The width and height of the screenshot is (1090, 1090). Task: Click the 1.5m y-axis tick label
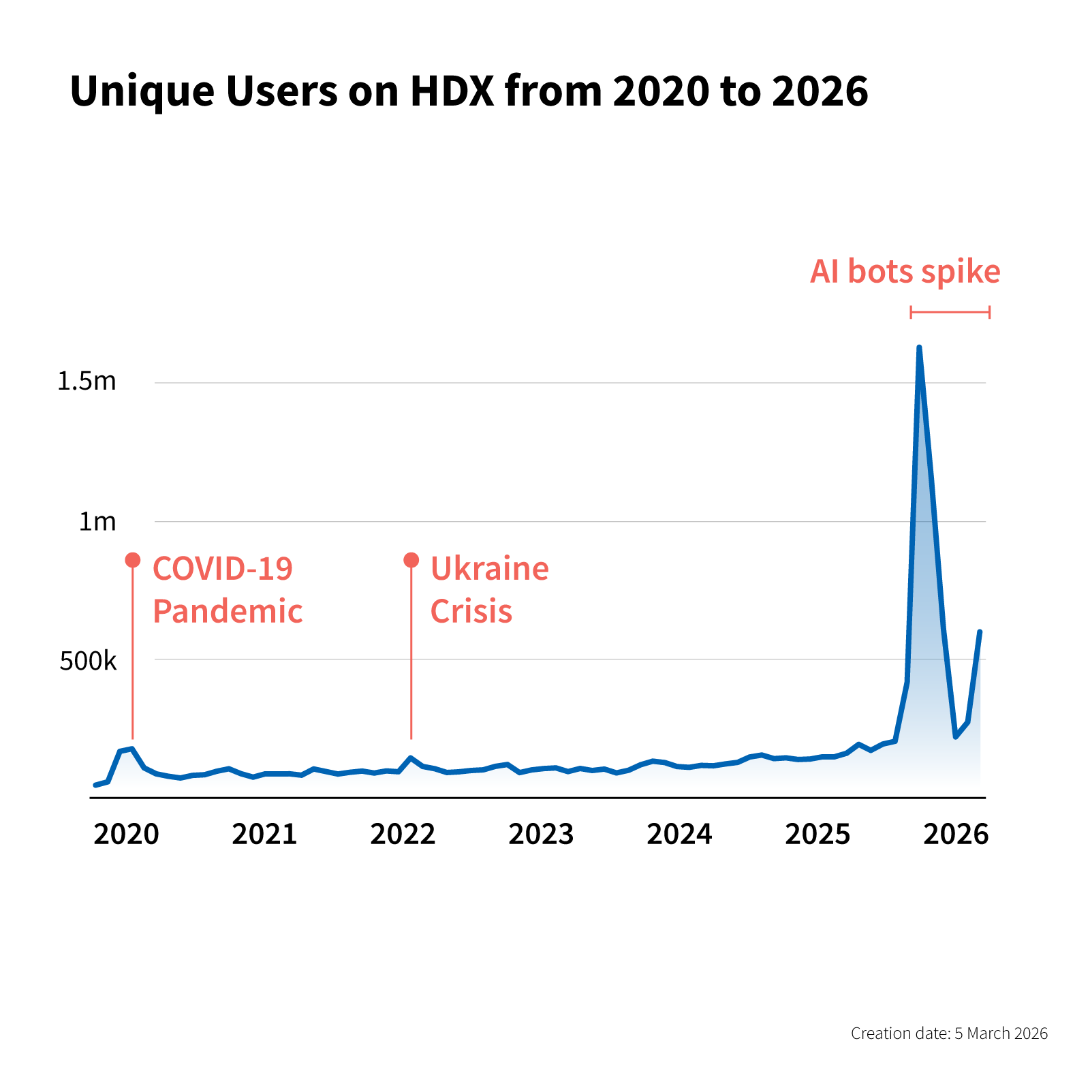tap(87, 381)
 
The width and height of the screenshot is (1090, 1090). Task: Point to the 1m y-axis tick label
tap(97, 522)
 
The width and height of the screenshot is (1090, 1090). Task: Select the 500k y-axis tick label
tap(88, 661)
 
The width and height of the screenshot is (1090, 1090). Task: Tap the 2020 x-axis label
tap(126, 835)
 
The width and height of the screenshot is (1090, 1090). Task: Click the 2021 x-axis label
tap(264, 835)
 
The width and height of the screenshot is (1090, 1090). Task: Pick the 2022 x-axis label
tap(403, 835)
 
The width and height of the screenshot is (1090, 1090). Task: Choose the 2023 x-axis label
tap(541, 835)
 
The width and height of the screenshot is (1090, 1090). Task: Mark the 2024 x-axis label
tap(679, 835)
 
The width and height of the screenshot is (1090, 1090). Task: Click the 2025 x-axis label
tap(817, 835)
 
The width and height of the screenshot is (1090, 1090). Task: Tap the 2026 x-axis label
tap(956, 835)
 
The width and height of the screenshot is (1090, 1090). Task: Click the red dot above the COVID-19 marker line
tap(133, 560)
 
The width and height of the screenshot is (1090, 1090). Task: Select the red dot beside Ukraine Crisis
tap(411, 560)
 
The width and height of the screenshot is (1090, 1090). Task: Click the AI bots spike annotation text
tap(905, 272)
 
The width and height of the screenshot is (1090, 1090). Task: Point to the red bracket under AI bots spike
tap(950, 313)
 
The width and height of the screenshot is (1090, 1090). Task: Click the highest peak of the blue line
tap(919, 348)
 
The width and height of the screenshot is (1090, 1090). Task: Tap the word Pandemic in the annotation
tap(228, 611)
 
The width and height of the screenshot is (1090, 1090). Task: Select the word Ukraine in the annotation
tap(489, 569)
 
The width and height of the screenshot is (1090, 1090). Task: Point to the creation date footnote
tap(949, 1033)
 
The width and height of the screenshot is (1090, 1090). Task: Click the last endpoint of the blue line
tap(980, 632)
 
